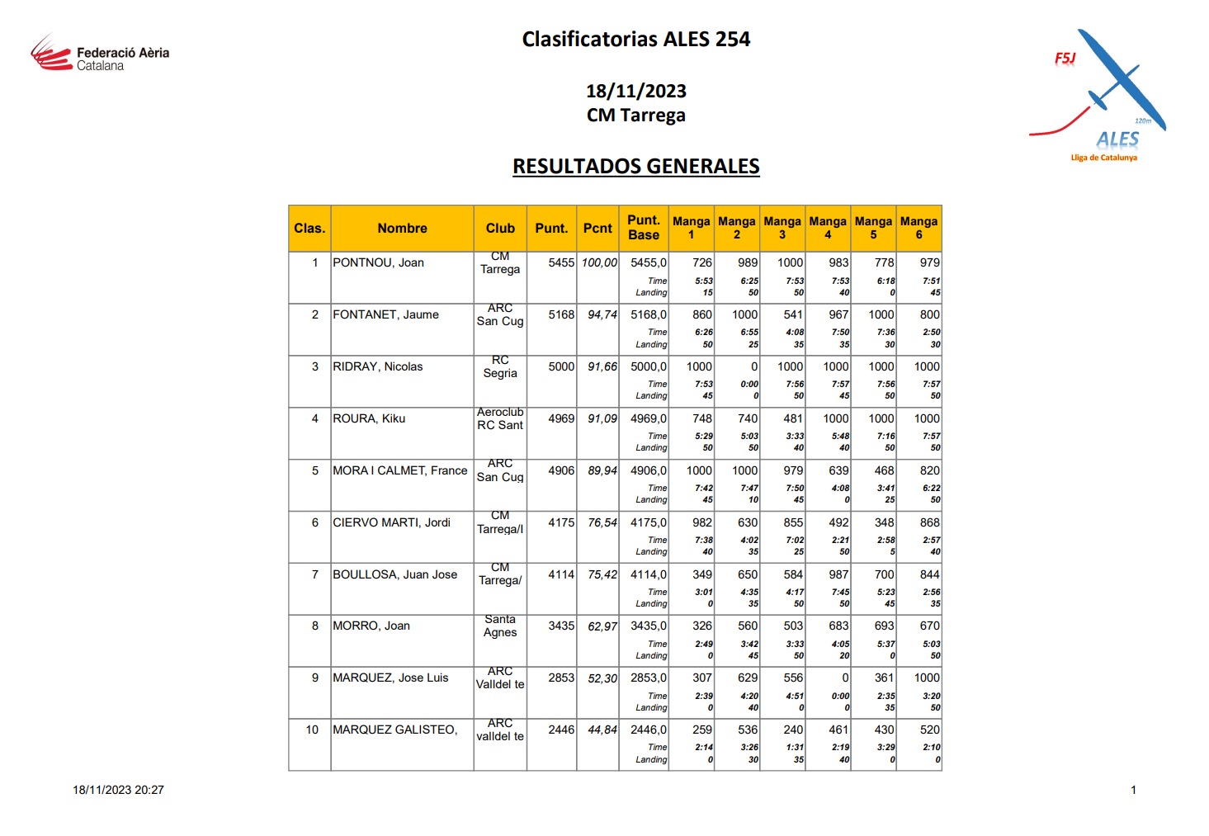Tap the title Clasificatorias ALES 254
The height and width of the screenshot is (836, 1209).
point(635,40)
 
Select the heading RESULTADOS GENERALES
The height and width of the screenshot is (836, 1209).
point(635,167)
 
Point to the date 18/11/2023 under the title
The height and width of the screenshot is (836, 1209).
point(635,92)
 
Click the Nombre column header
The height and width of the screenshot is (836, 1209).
point(402,229)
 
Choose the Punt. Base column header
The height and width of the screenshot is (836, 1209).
point(644,228)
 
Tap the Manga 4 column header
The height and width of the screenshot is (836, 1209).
point(828,228)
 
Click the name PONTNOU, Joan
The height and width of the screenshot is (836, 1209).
point(378,263)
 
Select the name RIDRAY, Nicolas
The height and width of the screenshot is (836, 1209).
point(377,367)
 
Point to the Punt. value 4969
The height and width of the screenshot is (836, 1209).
point(561,419)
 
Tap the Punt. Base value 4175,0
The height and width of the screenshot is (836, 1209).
point(649,523)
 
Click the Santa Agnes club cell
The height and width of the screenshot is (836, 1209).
point(500,626)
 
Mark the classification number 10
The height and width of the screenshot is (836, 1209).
point(312,730)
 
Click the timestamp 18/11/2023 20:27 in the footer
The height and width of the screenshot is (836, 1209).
point(118,791)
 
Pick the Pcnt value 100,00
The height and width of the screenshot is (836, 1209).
point(599,263)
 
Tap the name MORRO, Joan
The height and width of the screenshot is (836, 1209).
point(371,626)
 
